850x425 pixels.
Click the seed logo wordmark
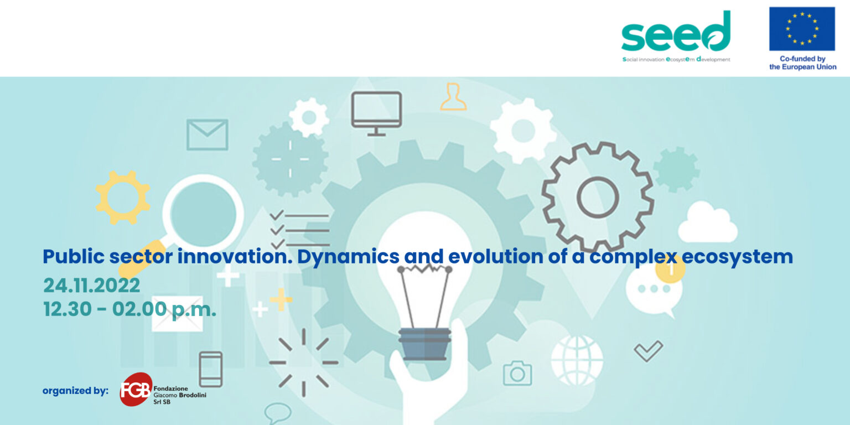(676, 32)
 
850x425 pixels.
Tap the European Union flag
(802, 28)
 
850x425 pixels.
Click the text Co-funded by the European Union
(802, 63)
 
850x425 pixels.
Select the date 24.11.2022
(91, 286)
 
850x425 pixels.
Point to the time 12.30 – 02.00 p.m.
(129, 309)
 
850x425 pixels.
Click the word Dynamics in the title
(348, 257)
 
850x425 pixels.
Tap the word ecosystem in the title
(737, 257)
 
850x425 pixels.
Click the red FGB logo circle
(136, 390)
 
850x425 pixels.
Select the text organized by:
(75, 391)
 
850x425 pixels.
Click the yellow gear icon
(122, 198)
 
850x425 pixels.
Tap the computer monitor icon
(376, 113)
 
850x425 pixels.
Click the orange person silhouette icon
(453, 97)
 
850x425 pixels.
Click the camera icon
(517, 373)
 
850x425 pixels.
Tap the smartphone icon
(211, 369)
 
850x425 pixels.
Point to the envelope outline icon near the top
(207, 134)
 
